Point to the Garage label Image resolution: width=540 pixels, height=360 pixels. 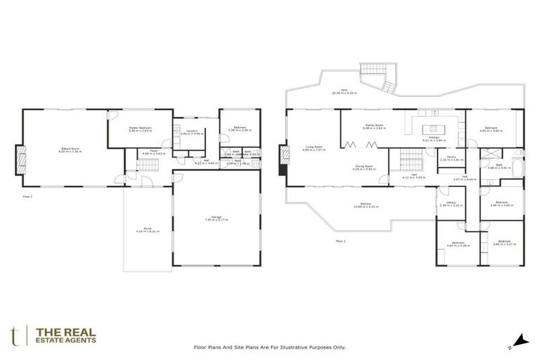(x=217, y=219)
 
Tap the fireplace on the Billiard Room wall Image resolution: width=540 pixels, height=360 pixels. (x=20, y=158)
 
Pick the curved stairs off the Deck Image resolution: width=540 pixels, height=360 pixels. (x=387, y=86)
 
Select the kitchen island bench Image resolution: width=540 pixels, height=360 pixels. (x=431, y=129)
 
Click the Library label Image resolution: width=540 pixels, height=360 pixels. (x=447, y=204)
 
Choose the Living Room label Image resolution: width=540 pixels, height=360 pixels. (x=311, y=148)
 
